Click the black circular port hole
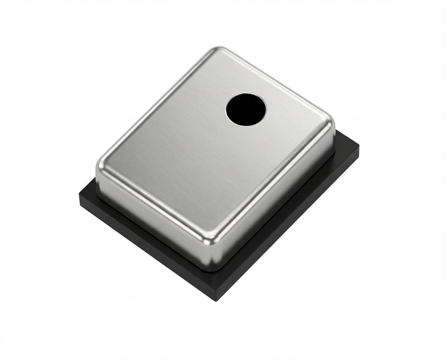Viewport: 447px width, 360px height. [246, 109]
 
